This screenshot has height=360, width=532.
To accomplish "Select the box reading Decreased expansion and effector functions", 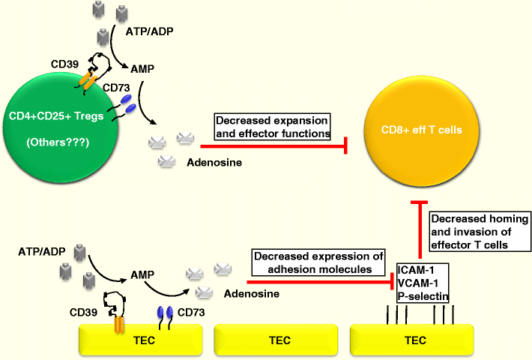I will (273, 127).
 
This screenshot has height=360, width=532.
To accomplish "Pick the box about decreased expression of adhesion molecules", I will (318, 262).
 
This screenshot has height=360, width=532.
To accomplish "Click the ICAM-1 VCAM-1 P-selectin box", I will (423, 282).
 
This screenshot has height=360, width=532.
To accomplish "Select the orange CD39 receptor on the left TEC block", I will (118, 324).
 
